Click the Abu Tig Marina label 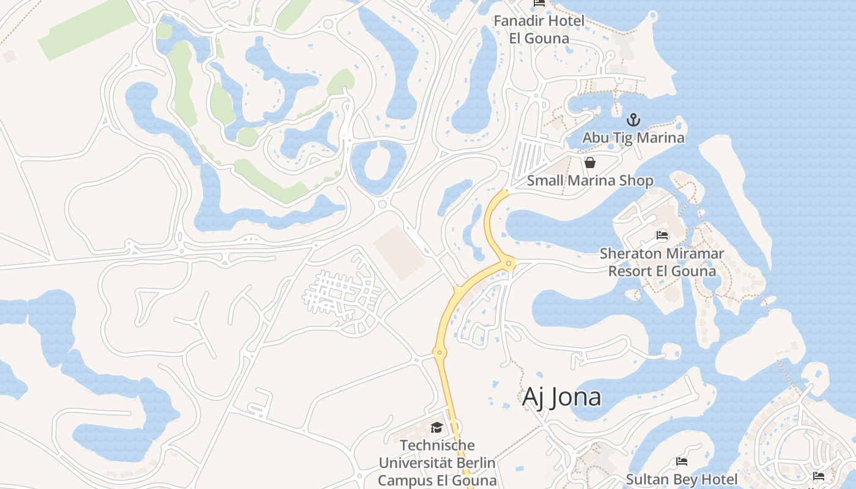pos(633,138)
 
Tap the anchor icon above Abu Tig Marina pos(633,120)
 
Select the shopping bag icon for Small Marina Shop pos(590,163)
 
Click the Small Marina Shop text pos(590,181)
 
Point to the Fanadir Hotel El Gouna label pos(539,29)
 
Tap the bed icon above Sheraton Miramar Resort pos(662,235)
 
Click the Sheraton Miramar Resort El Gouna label pos(662,262)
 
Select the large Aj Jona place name pos(561,397)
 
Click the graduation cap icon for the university pos(437,427)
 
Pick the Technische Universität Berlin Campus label pos(437,463)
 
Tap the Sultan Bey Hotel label pos(681,479)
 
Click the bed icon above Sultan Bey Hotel pos(682,461)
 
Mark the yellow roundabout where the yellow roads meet pos(508,263)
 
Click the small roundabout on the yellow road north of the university pos(438,353)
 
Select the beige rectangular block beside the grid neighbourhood pos(399,252)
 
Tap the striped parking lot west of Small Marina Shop pos(527,158)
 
